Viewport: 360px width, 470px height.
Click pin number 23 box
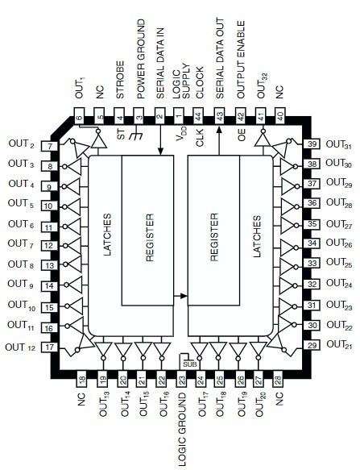181,380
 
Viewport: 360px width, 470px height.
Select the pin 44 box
199,116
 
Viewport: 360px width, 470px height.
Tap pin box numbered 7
50,146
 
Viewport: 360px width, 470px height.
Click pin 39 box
312,143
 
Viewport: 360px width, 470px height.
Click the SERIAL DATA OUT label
220,58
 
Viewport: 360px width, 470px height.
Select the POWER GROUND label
141,60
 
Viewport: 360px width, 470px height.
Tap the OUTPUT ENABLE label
241,60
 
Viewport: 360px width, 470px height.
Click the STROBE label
120,80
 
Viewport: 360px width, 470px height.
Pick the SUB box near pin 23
190,364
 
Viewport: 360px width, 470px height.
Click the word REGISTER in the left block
150,237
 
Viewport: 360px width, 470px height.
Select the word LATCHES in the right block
257,236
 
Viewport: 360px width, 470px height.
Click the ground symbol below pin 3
136,134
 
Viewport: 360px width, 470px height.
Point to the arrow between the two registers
180,296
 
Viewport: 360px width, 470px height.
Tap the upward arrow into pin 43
219,141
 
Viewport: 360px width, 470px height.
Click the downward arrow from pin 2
160,140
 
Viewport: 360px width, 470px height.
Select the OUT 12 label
20,347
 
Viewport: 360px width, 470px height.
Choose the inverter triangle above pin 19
103,348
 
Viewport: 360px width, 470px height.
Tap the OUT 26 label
339,243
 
